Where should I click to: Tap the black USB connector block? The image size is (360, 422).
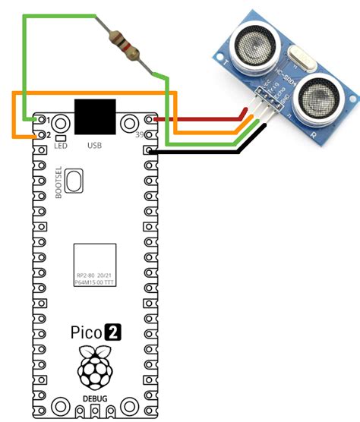pos(95,118)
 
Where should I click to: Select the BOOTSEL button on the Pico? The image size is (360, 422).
pos(74,181)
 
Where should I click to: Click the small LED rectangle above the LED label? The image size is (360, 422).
pos(60,137)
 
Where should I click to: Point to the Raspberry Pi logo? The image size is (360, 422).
pos(96,369)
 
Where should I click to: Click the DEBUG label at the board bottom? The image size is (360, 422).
pos(95,398)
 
